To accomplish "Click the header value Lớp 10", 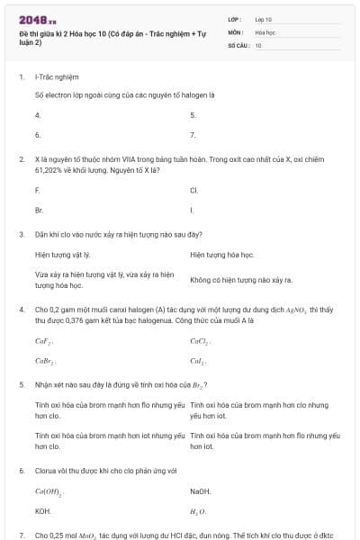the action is point(264,18).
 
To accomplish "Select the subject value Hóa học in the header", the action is point(265,31).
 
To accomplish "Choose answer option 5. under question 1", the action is point(193,115).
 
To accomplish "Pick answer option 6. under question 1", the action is point(38,134).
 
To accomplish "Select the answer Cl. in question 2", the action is point(194,190).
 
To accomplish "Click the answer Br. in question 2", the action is point(40,209).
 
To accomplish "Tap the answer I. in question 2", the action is point(193,209).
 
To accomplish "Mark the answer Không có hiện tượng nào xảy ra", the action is point(242,279).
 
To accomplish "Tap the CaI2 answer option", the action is point(199,360).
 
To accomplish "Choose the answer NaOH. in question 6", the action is point(200,491).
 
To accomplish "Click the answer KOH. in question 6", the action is point(42,510).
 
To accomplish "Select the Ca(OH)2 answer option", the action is point(49,491).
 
